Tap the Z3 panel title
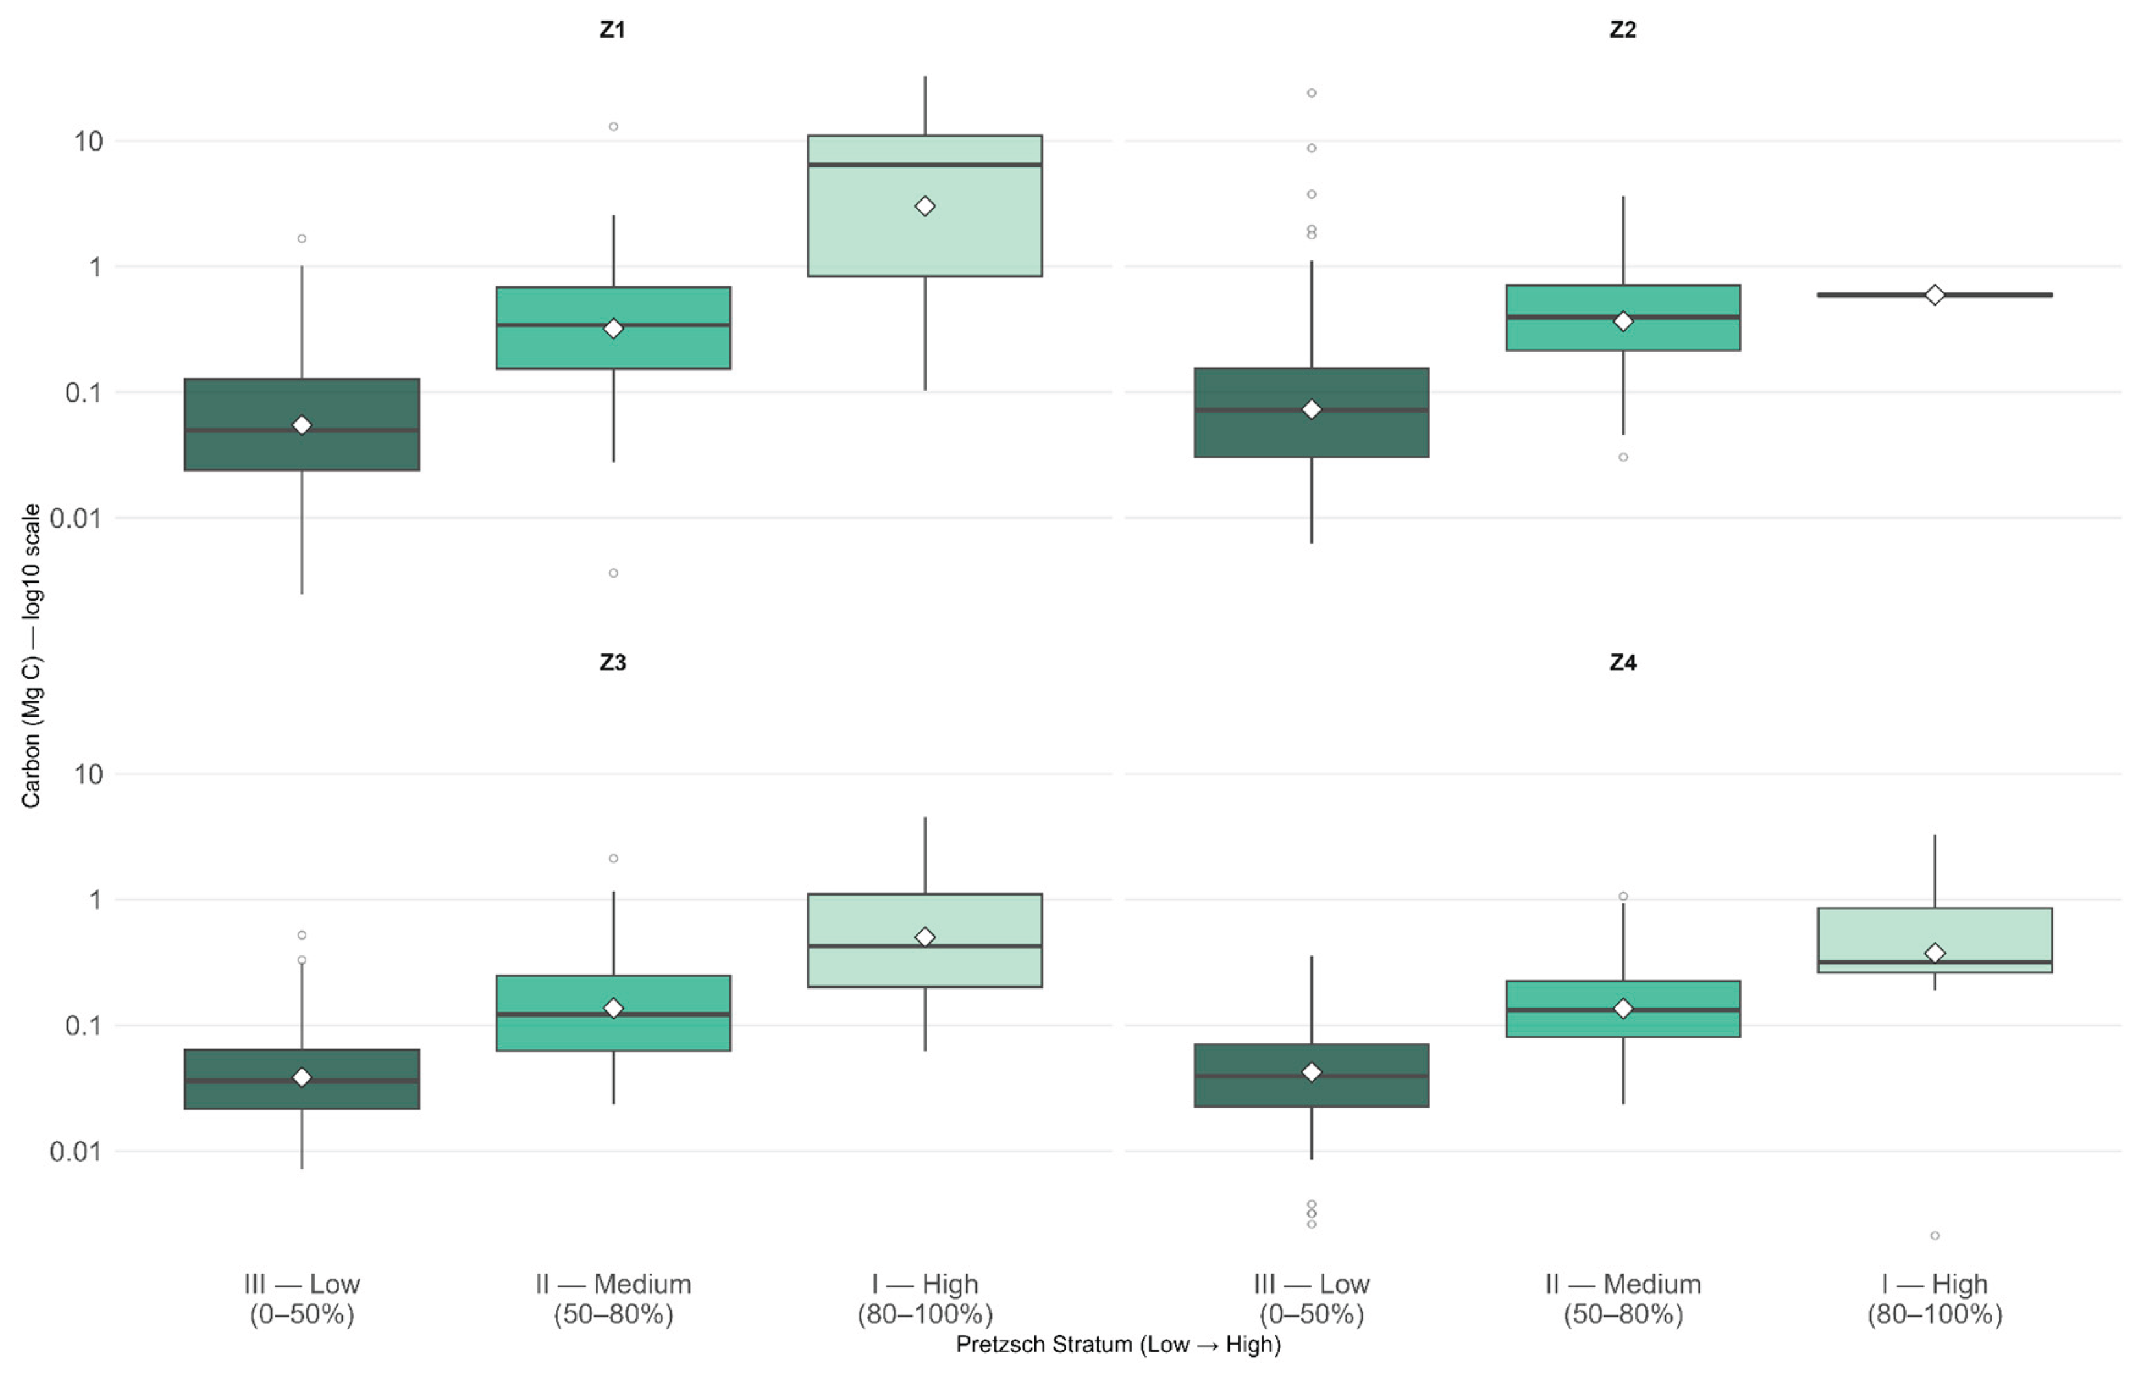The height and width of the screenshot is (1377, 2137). click(613, 663)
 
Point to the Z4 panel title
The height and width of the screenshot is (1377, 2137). click(1623, 663)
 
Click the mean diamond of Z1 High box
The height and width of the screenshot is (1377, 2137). click(925, 206)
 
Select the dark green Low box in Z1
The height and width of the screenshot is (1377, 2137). click(302, 425)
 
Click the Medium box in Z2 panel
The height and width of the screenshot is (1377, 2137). click(1623, 317)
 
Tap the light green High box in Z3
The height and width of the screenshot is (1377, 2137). click(925, 940)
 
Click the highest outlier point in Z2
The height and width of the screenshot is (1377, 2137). click(1312, 93)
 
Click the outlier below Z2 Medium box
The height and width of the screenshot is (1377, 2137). click(1623, 457)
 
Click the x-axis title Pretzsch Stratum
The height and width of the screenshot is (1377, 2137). click(1117, 1344)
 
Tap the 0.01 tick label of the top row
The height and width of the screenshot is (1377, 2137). click(76, 518)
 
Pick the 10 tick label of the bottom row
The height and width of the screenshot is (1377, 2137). click(88, 774)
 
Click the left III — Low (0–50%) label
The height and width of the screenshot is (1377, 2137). click(302, 1299)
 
